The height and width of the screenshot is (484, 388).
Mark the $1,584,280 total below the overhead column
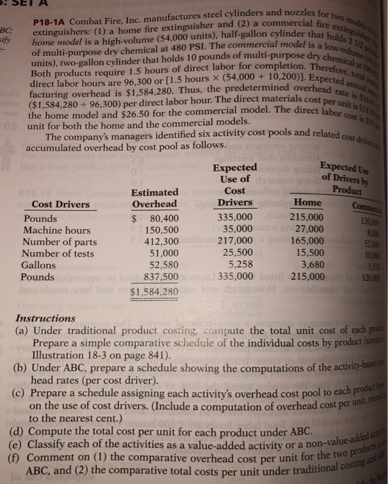coord(154,291)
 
